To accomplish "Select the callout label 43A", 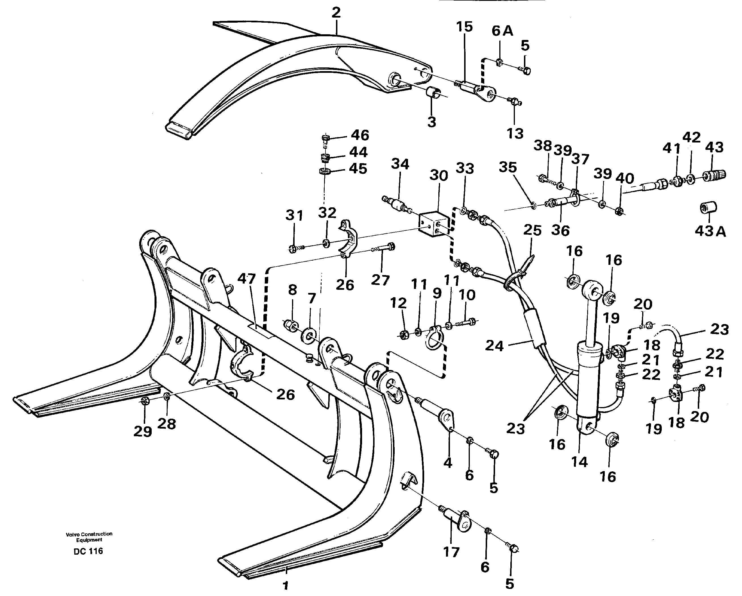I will [710, 231].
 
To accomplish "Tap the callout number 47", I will [246, 278].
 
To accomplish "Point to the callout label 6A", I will [502, 31].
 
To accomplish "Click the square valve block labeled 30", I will [434, 225].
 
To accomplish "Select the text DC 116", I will [88, 551].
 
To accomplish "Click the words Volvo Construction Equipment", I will [89, 537].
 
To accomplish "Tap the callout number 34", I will [400, 164].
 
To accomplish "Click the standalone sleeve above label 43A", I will [709, 207].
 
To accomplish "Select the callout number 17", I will [451, 552].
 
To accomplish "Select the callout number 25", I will [532, 230].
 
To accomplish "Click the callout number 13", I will [515, 133].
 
